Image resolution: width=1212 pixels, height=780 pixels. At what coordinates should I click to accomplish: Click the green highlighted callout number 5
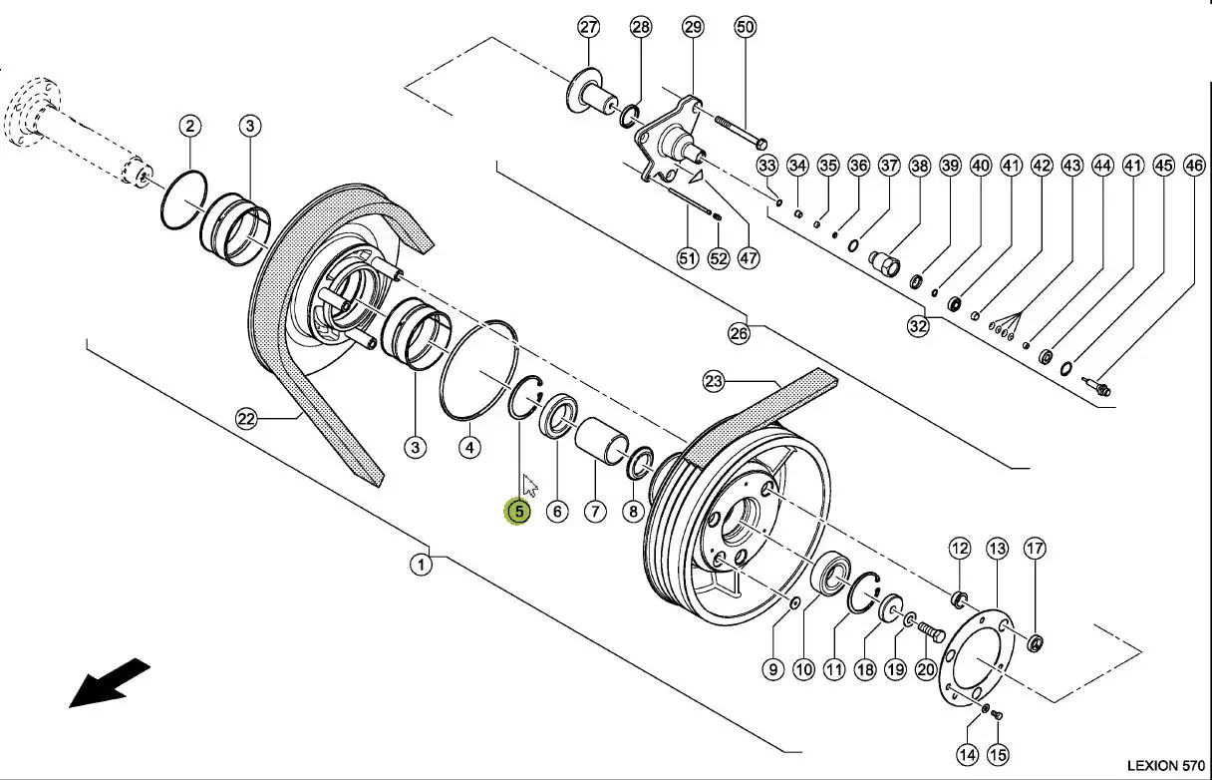(x=518, y=512)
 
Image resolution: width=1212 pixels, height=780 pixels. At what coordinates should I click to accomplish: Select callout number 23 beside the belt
(x=713, y=382)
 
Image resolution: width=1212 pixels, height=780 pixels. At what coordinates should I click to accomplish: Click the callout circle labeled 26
(x=740, y=333)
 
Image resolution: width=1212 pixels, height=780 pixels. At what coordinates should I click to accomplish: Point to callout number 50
(x=746, y=27)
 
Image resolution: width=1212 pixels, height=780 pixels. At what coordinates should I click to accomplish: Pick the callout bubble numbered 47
(x=749, y=258)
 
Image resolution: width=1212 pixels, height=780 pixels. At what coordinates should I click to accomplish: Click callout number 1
(x=421, y=566)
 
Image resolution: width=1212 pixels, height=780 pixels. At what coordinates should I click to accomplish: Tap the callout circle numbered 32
(x=918, y=326)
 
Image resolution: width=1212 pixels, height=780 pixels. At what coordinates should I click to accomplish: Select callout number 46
(x=1195, y=166)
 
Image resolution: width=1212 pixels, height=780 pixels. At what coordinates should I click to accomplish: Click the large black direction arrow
(x=109, y=683)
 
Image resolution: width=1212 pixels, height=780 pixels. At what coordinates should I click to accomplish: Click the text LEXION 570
(x=1166, y=765)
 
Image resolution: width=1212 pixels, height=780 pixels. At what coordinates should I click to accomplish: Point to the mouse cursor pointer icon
(x=529, y=485)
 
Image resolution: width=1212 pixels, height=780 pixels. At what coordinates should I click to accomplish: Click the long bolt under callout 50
(x=741, y=132)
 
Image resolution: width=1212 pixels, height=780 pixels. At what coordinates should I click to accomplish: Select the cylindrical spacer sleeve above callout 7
(x=601, y=440)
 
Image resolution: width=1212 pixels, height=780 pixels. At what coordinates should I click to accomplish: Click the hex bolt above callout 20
(x=931, y=631)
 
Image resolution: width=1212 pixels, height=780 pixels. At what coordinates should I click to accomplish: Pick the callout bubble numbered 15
(x=998, y=754)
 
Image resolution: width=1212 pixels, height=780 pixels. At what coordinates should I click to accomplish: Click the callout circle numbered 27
(x=589, y=27)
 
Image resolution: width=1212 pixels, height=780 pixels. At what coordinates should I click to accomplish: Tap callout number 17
(x=1035, y=549)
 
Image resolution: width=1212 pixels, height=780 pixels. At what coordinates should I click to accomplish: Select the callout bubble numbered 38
(x=920, y=166)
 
